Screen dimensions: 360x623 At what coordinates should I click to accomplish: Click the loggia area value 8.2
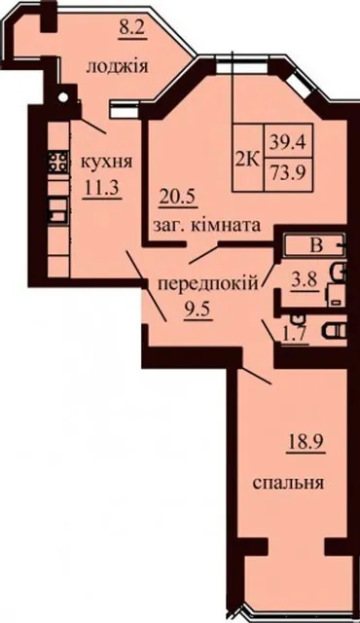pos(132,29)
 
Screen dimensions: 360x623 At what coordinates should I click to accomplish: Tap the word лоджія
pos(117,66)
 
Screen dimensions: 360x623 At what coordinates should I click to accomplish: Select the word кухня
pos(106,163)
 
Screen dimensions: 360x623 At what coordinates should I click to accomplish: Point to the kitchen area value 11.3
pos(102,188)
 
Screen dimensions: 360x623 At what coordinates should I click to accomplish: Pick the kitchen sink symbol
pos(58,209)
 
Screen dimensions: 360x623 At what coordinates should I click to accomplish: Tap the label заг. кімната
pos(206,226)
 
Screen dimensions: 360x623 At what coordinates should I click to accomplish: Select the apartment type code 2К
pos(248,161)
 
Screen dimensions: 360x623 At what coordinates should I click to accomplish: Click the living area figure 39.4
pos(289,141)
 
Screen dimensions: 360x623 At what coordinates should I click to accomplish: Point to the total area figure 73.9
pos(289,173)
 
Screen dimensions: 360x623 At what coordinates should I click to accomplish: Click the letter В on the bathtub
pos(316,246)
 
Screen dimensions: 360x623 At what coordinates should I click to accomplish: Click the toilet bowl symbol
pos(334,330)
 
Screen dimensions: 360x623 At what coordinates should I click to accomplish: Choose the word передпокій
pos(208,284)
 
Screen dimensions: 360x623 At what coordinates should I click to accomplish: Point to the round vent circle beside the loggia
pos(62,96)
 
